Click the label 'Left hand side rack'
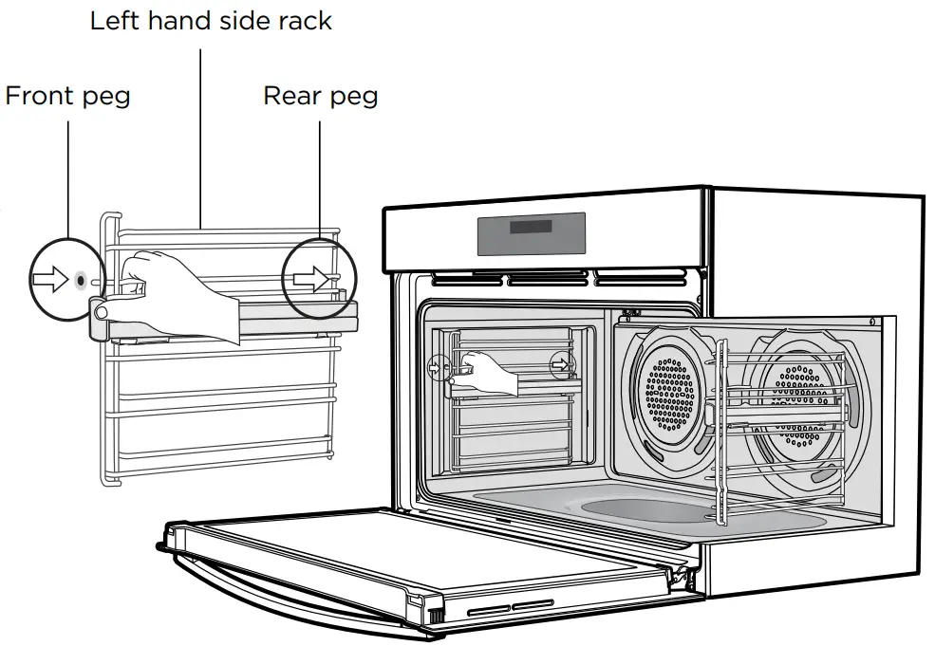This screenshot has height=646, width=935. (211, 21)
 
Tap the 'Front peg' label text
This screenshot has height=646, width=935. (67, 96)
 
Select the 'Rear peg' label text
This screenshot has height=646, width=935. (320, 96)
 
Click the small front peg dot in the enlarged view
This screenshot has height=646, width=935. (79, 281)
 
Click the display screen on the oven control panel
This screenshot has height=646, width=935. (531, 232)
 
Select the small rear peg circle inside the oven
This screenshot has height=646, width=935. (563, 363)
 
